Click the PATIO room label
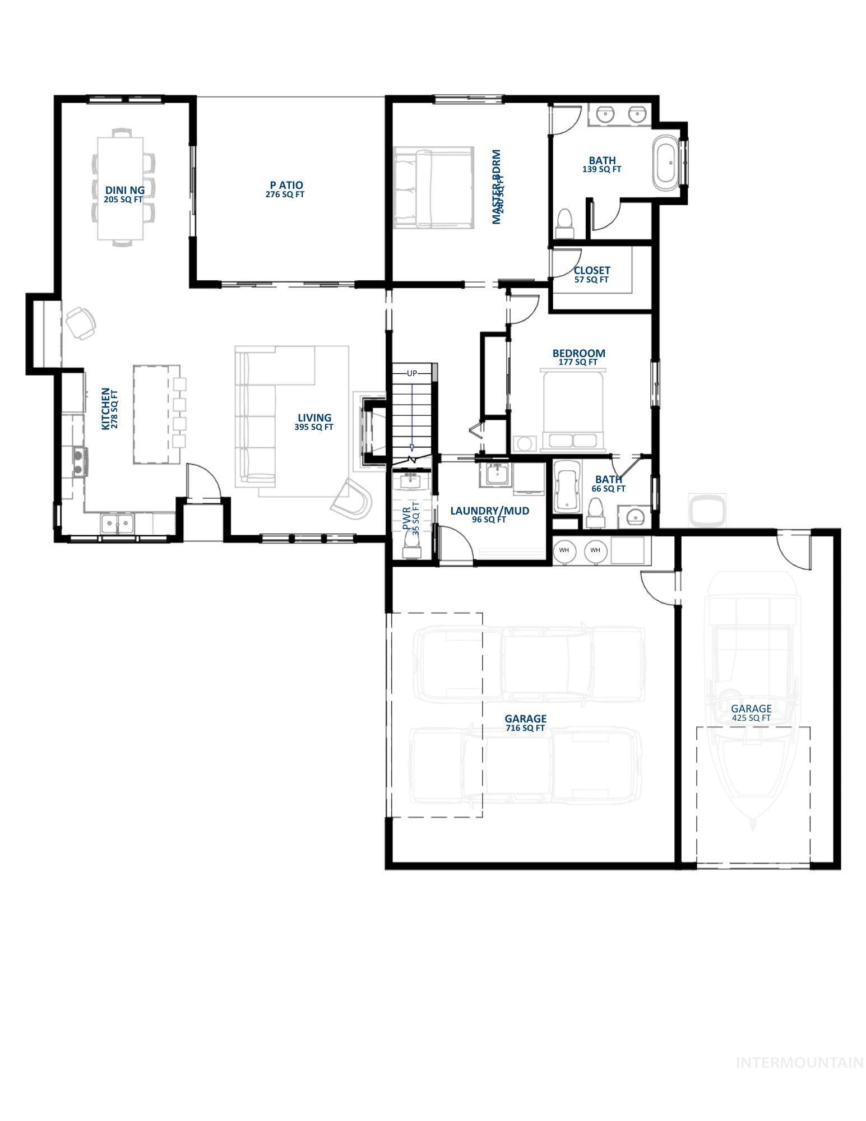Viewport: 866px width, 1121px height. coord(286,185)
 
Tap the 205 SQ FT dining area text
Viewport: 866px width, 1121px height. coord(123,200)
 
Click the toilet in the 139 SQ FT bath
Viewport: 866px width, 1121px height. coord(564,223)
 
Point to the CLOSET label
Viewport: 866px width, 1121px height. coord(591,271)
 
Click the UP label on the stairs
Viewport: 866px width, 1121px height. coord(412,373)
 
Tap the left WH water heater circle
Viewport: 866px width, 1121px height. coord(564,550)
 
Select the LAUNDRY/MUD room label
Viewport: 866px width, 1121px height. coord(489,511)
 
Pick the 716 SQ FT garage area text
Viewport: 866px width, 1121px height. coord(525,728)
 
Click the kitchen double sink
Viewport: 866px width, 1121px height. coord(118,525)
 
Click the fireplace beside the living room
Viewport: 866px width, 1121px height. coord(373,432)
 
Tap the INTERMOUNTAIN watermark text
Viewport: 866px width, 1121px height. coord(799,1062)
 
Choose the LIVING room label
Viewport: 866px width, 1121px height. coord(314,418)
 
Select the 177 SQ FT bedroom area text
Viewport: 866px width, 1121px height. coord(578,362)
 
